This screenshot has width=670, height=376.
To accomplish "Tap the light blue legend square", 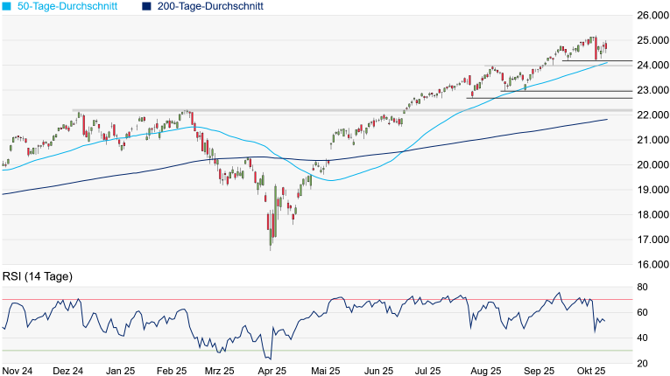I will (x=7, y=6).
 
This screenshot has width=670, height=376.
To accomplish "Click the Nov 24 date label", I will (x=18, y=370).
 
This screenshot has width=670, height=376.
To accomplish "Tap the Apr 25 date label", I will (x=272, y=370).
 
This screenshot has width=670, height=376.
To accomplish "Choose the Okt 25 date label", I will (x=592, y=370).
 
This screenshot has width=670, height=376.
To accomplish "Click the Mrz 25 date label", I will (x=221, y=370).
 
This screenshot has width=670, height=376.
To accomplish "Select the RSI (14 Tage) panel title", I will (x=37, y=276).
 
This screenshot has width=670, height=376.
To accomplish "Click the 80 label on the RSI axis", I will (x=642, y=288).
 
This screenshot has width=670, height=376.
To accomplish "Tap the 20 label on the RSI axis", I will (x=642, y=363).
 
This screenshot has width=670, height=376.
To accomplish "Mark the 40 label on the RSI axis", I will (x=642, y=338).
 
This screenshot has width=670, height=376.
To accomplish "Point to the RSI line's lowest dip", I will (x=270, y=359).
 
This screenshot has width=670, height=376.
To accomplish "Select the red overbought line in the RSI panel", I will (x=315, y=300).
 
